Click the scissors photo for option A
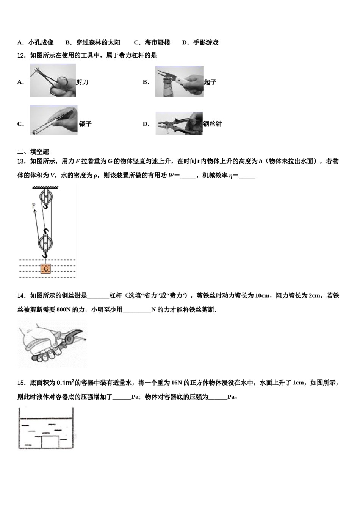pos(53,80)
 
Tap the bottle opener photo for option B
pos(179,81)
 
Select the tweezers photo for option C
pos(54,120)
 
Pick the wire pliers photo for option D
pos(179,123)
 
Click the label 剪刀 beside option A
pos(82,82)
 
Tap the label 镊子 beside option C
pos(85,124)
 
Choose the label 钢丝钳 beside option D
pos(212,124)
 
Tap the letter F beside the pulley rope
pos(34,206)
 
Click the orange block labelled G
pos(45,269)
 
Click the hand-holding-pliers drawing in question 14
pos(52,343)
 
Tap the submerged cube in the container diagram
pos(50,442)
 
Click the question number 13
pos(21,161)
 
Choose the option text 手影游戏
pos(206,42)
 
